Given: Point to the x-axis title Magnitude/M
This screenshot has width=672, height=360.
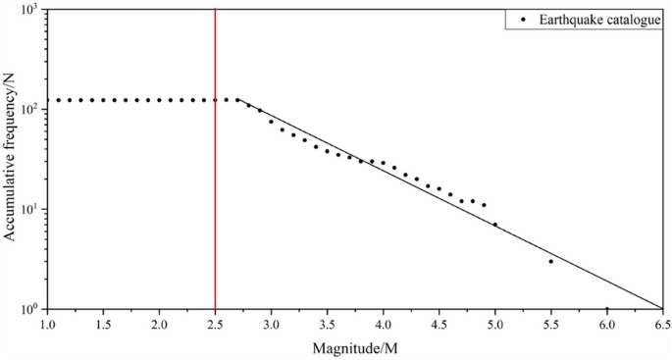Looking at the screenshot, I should pos(355,348).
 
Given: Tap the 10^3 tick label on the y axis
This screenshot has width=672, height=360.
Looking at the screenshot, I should pos(26,10).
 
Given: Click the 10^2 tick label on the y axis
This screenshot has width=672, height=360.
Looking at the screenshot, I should pos(26,109).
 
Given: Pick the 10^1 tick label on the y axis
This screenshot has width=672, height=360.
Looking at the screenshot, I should pos(26,209).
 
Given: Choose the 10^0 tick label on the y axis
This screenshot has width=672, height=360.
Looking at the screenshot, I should pos(26,309).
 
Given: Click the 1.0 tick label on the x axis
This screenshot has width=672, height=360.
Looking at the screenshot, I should pos(47,323).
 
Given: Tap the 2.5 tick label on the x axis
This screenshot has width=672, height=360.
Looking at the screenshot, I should pos(215,323).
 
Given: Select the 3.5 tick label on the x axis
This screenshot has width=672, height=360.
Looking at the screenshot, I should pos(327,323).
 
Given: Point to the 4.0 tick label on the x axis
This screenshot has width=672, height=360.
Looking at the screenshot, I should pos(383,323).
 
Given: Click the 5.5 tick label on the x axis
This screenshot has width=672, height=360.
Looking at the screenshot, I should pos(551,323).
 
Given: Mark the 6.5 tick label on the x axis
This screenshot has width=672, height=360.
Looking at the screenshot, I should pos(663,323).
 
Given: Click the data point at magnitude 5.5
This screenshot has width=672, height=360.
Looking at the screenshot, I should pos(551,261).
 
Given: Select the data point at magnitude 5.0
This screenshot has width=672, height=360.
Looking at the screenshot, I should pos(495,225).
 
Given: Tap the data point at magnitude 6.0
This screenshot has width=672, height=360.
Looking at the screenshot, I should pos(607,308).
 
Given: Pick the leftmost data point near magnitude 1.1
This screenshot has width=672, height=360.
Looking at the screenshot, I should pos(58,100).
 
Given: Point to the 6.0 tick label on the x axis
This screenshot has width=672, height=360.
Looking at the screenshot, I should pos(607,323).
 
